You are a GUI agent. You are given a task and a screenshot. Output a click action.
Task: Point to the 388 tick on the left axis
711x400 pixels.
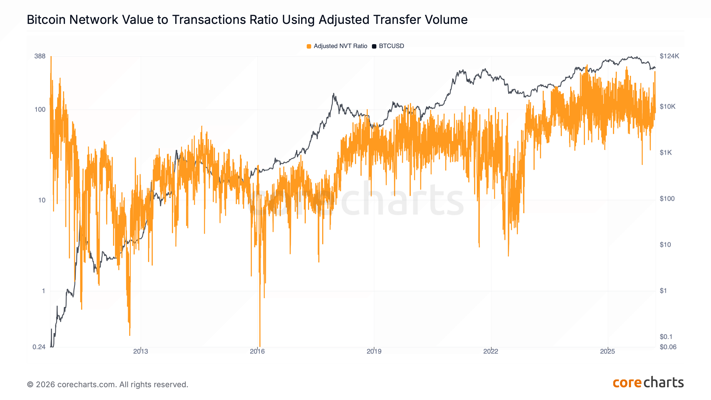(x=40, y=56)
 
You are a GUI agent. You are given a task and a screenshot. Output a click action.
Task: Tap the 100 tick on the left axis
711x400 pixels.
(x=40, y=109)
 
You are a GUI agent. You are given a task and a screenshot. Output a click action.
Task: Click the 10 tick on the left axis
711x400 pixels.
(x=42, y=200)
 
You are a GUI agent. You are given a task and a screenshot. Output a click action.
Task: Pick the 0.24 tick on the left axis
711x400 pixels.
(x=39, y=347)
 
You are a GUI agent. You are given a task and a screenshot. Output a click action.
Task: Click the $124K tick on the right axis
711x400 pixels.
(x=669, y=56)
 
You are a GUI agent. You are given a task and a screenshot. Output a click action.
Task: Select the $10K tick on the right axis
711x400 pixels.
(x=667, y=107)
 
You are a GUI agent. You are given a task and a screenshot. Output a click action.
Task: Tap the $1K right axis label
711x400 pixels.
(x=665, y=152)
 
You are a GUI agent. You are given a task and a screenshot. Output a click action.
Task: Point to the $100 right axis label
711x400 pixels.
(x=667, y=199)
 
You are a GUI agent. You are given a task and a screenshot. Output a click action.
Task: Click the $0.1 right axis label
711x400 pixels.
(x=666, y=337)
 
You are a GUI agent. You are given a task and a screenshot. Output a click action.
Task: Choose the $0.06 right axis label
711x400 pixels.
(x=668, y=347)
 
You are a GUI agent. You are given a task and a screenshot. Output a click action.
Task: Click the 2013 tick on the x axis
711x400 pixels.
(x=141, y=351)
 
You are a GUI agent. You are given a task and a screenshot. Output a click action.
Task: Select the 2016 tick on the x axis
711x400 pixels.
(x=257, y=351)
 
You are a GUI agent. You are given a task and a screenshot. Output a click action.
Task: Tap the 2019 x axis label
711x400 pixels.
(x=374, y=351)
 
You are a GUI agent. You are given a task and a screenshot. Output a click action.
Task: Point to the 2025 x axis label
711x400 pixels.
(x=607, y=351)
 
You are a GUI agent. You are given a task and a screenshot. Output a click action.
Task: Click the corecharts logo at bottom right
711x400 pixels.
(x=648, y=383)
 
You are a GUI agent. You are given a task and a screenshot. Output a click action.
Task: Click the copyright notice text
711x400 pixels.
(x=107, y=384)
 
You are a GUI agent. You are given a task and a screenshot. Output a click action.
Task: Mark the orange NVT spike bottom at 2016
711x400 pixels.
(x=260, y=346)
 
